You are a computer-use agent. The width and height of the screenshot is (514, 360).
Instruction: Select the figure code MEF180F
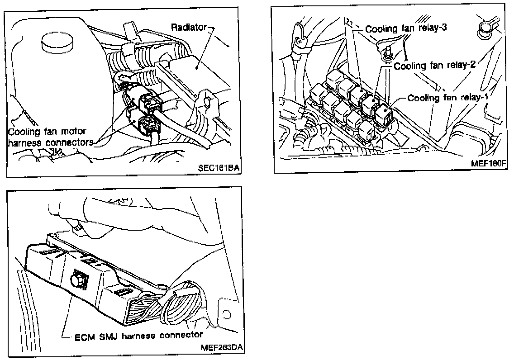[487, 163]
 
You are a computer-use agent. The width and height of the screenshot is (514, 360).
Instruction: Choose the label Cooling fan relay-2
[433, 66]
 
